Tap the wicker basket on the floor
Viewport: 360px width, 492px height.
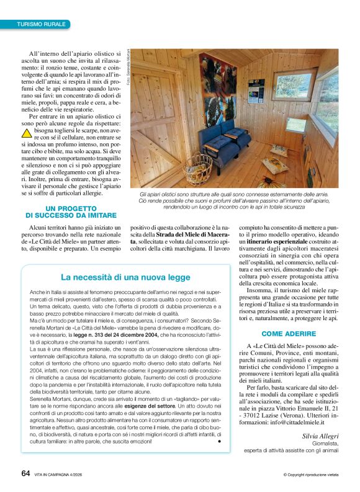click(197, 166)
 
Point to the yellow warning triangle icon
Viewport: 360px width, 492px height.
click(27, 132)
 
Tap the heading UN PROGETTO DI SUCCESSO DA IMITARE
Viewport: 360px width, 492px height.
click(71, 212)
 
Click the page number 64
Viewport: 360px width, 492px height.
click(25, 473)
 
